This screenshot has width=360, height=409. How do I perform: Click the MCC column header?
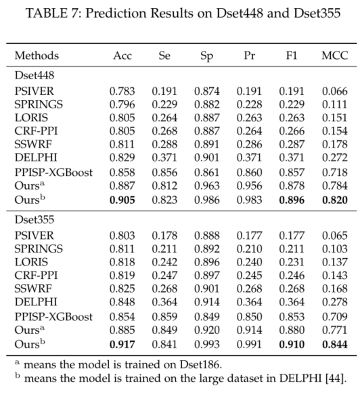pyautogui.click(x=335, y=56)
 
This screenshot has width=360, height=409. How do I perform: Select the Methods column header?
pyautogui.click(x=37, y=56)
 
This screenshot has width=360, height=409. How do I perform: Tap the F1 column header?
pyautogui.click(x=292, y=56)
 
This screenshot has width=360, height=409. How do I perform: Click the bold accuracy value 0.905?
pyautogui.click(x=122, y=200)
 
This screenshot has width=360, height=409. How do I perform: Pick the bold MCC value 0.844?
pyautogui.click(x=335, y=345)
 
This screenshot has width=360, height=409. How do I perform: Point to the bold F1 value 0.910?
pyautogui.click(x=292, y=345)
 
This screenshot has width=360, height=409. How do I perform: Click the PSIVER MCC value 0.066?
pyautogui.click(x=335, y=91)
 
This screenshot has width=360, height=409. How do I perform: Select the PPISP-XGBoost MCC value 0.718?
pyautogui.click(x=335, y=173)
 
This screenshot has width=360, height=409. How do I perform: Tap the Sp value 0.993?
pyautogui.click(x=207, y=345)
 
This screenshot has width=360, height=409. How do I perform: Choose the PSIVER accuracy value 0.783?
pyautogui.click(x=122, y=91)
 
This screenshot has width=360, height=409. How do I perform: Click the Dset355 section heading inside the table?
pyautogui.click(x=35, y=219)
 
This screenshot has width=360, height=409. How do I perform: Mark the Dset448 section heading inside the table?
pyautogui.click(x=35, y=75)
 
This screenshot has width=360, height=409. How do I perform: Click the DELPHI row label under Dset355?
pyautogui.click(x=36, y=302)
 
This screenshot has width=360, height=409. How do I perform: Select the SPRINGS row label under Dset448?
pyautogui.click(x=39, y=104)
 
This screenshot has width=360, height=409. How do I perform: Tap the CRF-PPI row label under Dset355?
pyautogui.click(x=36, y=276)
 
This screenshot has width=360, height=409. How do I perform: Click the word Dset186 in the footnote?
pyautogui.click(x=200, y=364)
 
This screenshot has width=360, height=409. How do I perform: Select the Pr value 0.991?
pyautogui.click(x=250, y=345)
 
